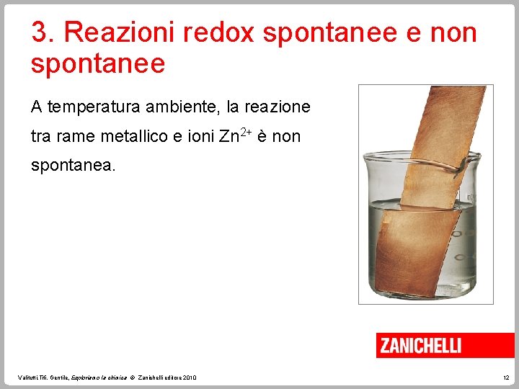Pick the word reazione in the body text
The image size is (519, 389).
[277, 107]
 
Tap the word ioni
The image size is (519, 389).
[199, 136]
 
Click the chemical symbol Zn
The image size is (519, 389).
[229, 136]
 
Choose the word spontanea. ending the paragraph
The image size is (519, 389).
[72, 165]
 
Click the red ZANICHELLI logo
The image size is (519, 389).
[420, 346]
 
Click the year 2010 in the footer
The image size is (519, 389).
[190, 377]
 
